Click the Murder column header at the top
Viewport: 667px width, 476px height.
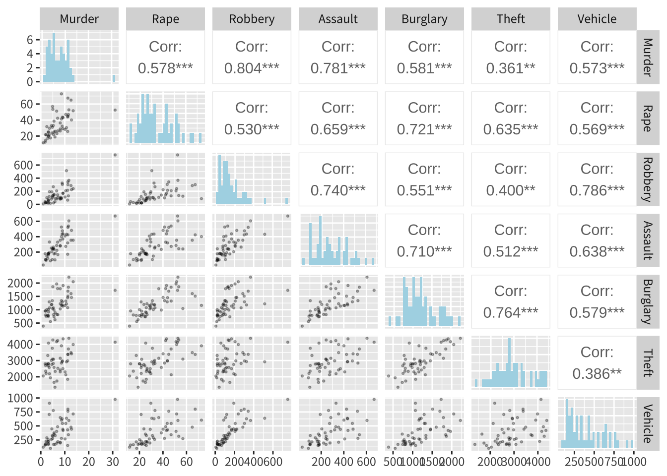coord(79,19)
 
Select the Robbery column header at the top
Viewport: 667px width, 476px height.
coord(252,19)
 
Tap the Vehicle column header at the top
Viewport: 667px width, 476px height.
coord(597,19)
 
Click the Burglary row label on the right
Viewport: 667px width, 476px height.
coord(647,301)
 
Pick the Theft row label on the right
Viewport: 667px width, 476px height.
coord(647,363)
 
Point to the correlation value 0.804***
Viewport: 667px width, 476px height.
coord(252,68)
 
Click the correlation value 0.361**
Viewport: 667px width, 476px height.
coord(511,68)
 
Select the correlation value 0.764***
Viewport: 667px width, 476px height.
coord(511,313)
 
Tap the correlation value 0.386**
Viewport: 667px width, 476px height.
coord(597,374)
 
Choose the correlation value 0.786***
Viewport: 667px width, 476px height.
coord(597,190)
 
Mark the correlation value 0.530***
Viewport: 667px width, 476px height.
coord(252,129)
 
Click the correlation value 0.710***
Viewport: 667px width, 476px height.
coord(424,252)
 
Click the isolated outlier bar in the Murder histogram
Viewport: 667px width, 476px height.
coord(114,78)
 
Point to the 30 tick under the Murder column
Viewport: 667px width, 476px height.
coord(113,462)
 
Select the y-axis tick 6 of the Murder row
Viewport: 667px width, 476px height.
coord(30,40)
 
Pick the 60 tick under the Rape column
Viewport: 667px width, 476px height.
coord(187,462)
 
